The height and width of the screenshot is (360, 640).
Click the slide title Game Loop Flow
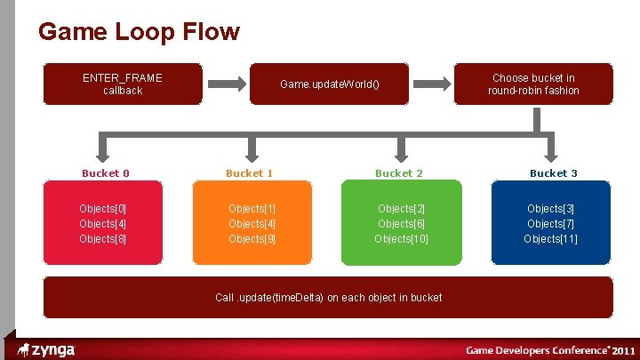[139, 33]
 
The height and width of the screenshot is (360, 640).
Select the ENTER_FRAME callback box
[123, 84]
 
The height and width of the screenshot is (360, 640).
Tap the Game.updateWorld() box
[330, 84]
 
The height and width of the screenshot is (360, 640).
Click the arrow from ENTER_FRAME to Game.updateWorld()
[227, 84]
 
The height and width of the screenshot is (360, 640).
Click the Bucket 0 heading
[105, 173]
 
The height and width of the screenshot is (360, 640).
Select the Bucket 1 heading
[249, 173]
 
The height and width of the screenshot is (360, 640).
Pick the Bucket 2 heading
[398, 173]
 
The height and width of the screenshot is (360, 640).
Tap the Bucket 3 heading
[553, 173]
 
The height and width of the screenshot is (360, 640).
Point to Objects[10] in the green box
[403, 238]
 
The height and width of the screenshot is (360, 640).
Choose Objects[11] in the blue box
[551, 238]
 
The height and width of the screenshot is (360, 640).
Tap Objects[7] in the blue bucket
[551, 223]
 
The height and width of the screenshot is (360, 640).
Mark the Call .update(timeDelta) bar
[328, 297]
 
